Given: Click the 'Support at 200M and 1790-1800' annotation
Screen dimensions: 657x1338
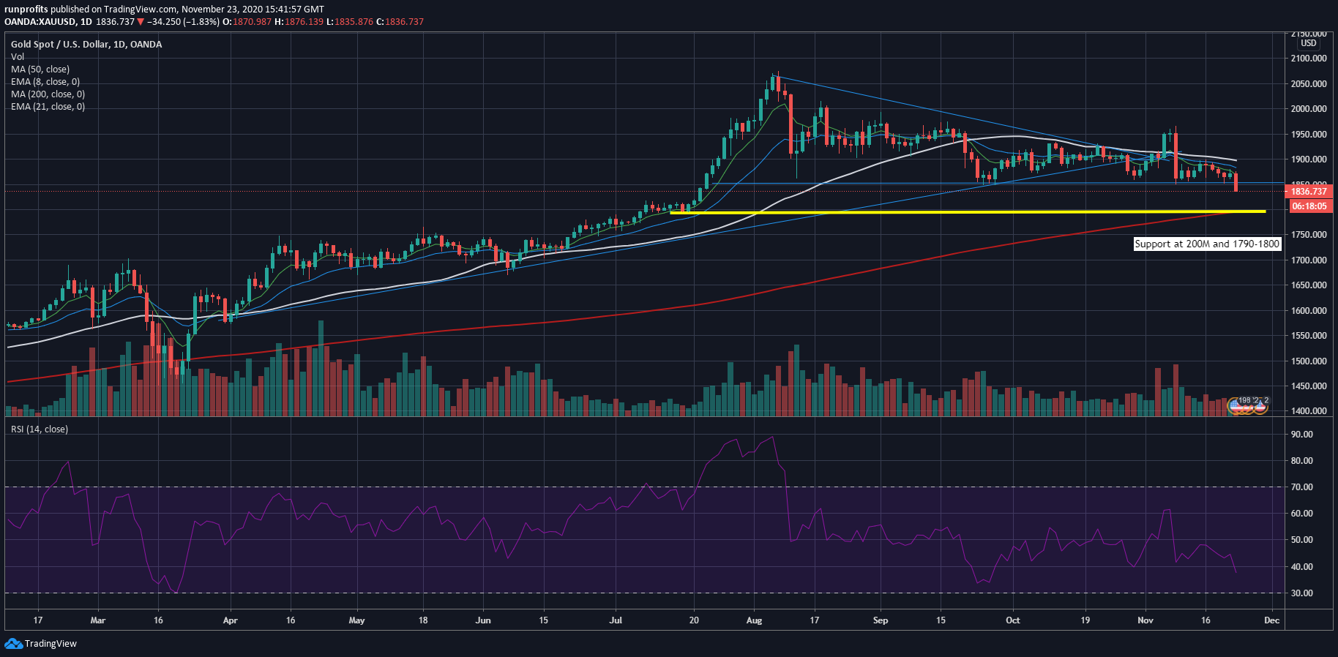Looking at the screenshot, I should [1207, 244].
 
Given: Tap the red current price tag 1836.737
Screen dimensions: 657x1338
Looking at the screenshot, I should [1308, 192].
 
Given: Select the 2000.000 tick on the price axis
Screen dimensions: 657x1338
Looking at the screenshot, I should [1309, 109].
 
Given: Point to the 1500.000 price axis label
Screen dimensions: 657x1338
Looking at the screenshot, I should [1309, 361].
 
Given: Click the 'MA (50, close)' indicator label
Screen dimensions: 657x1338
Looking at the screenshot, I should [40, 70].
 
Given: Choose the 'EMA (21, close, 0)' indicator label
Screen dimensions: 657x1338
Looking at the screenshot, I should [48, 107].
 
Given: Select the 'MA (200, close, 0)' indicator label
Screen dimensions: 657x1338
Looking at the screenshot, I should [48, 94].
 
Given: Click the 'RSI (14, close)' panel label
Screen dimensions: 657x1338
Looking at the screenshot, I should [40, 429].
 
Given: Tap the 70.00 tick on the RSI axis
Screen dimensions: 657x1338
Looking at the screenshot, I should [1302, 487].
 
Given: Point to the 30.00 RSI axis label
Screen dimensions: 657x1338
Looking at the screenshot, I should [1302, 593].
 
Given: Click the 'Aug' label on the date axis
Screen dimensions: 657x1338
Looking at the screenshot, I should [754, 620].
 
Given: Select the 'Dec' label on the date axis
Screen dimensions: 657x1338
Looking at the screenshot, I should [1272, 620].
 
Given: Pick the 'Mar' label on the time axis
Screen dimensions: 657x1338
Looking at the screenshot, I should [97, 620].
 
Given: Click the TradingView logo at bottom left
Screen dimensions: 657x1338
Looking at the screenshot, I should [41, 644].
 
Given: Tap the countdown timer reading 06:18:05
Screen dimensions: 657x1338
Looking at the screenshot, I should [1309, 206].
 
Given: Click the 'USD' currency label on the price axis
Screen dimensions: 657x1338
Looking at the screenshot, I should [1309, 43].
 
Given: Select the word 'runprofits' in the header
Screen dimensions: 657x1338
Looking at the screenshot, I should [26, 10].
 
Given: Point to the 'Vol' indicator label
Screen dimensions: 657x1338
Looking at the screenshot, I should [18, 57].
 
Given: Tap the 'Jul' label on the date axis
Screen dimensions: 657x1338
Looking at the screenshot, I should [616, 620].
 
